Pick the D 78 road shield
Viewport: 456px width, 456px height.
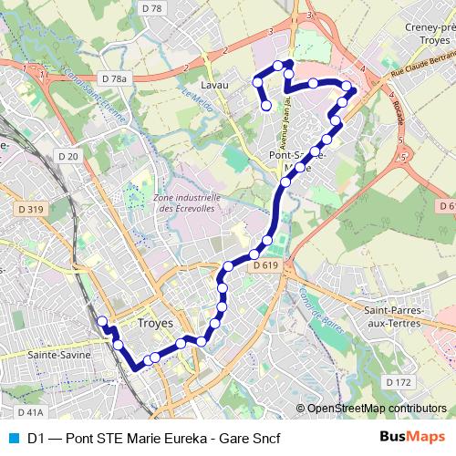point(152,8)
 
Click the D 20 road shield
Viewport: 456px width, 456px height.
point(67,156)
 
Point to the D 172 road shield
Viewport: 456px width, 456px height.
point(398,380)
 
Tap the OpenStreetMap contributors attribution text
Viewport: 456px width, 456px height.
point(377,409)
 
